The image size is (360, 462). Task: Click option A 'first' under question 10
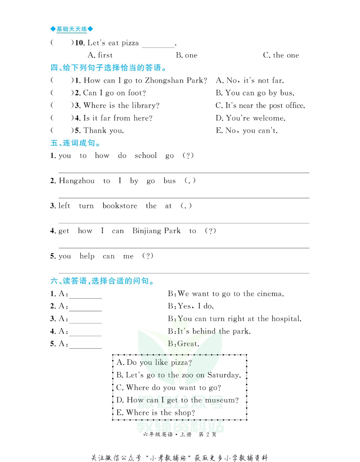coord(100,55)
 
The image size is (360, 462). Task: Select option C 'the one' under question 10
coord(281,55)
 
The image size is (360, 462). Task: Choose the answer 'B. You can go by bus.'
coord(255,93)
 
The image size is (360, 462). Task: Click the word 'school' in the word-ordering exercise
coord(146,156)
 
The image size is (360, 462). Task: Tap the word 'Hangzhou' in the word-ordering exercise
coord(77,181)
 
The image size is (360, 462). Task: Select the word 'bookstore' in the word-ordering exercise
coord(120,206)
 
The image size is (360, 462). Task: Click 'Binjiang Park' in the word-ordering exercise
coord(156,231)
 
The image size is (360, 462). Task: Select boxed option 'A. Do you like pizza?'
coord(154,363)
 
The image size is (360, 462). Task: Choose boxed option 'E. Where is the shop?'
coord(156,413)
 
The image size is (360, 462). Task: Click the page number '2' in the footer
coord(208,435)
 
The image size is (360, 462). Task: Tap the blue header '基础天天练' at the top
coord(72,29)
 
